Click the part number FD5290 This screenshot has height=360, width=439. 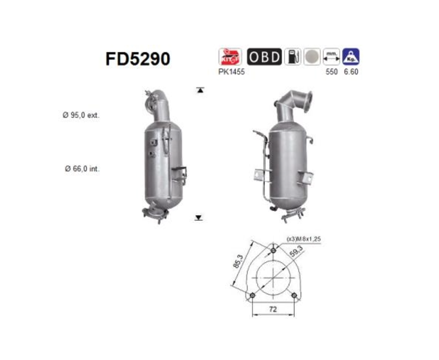[x=138, y=58]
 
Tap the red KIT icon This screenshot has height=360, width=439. [x=230, y=57]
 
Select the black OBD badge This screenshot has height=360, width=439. [x=264, y=57]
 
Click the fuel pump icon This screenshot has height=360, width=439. [x=292, y=57]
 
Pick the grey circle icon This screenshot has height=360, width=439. [x=311, y=57]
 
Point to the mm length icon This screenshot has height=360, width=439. [x=331, y=57]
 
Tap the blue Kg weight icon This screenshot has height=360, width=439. [x=351, y=57]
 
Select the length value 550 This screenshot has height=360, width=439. [x=331, y=72]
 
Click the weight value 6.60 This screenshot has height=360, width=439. [x=351, y=72]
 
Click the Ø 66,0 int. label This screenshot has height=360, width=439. [x=81, y=169]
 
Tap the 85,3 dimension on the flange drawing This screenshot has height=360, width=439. [x=238, y=262]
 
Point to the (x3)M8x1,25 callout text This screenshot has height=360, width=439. [x=305, y=238]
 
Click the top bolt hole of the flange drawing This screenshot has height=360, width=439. [x=273, y=250]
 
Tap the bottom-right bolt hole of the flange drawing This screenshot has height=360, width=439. [x=293, y=295]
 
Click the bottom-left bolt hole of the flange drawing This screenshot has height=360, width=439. [x=252, y=295]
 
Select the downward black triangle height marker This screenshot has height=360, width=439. [x=199, y=218]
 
